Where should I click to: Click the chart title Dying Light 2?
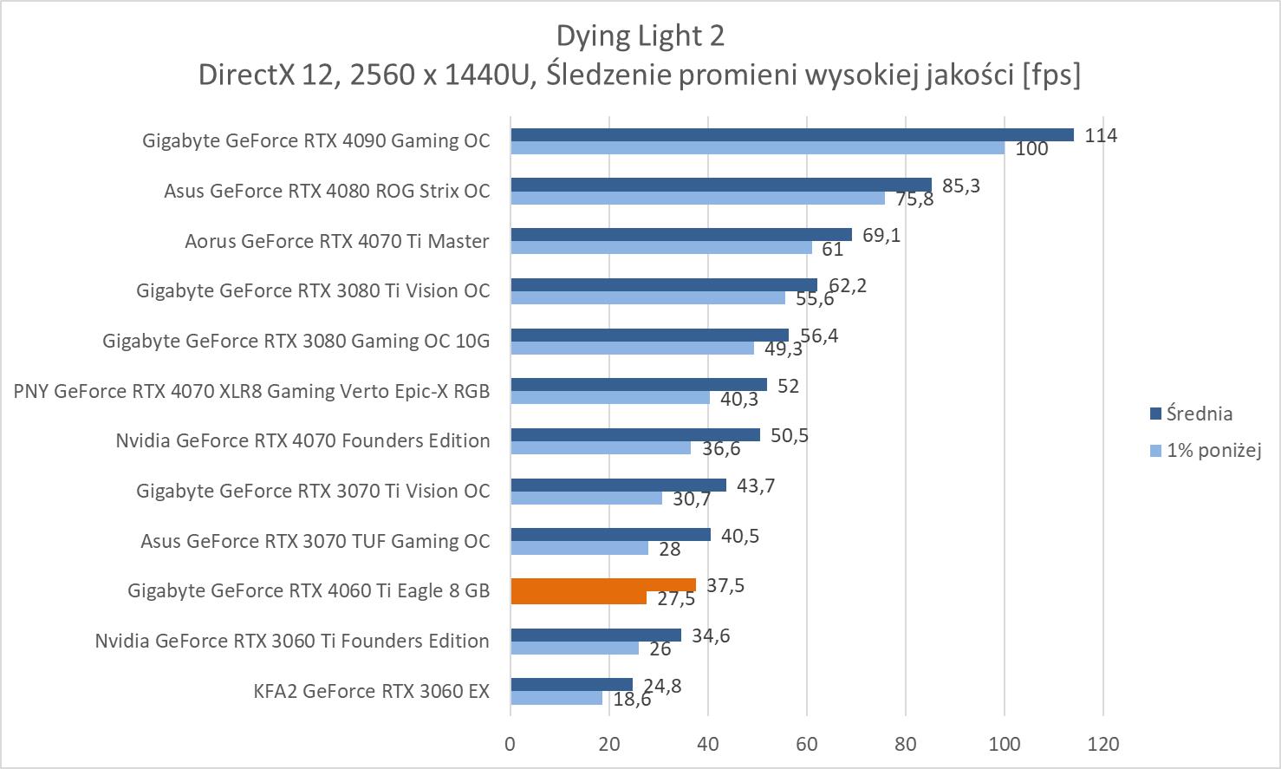coord(640,36)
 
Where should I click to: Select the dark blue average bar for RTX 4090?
coord(791,134)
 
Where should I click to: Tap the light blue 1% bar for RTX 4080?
coord(697,199)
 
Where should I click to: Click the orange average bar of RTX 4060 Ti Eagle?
coord(602,584)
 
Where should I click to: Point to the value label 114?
coord(1101,135)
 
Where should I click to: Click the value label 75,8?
coord(915,199)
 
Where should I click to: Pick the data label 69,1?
coord(881,235)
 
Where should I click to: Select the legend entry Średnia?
coord(1199,414)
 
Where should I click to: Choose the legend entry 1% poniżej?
coord(1213,450)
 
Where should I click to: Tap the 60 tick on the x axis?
coord(807,744)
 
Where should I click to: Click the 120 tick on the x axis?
coord(1102,744)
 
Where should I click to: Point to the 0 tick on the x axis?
coord(510,744)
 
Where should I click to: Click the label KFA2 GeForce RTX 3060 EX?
coord(371,691)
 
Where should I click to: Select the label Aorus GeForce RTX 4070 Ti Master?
coord(336,241)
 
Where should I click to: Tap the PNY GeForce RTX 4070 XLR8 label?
coord(251,391)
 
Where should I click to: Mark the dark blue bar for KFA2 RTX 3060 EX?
coord(571,685)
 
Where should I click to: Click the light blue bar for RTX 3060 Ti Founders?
coord(574,648)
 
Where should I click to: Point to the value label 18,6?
coord(632,699)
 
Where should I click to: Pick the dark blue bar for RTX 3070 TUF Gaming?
coord(610,535)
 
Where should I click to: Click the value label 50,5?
coord(789,435)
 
